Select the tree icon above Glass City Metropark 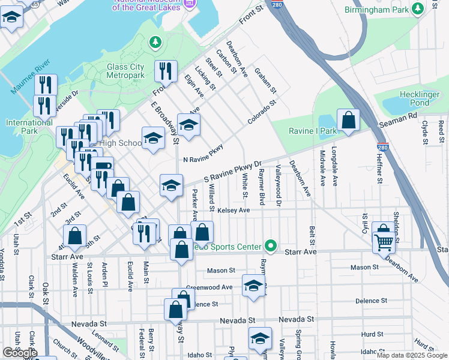pyautogui.click(x=155, y=41)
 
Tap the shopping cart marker pyautogui.click(x=384, y=242)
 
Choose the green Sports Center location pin pyautogui.click(x=271, y=246)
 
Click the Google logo pyautogui.click(x=19, y=353)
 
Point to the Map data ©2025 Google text pyautogui.click(x=412, y=355)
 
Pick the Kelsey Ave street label pyautogui.click(x=234, y=211)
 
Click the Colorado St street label pyautogui.click(x=261, y=113)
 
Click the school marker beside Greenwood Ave pyautogui.click(x=253, y=286)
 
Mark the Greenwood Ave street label pyautogui.click(x=209, y=287)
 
